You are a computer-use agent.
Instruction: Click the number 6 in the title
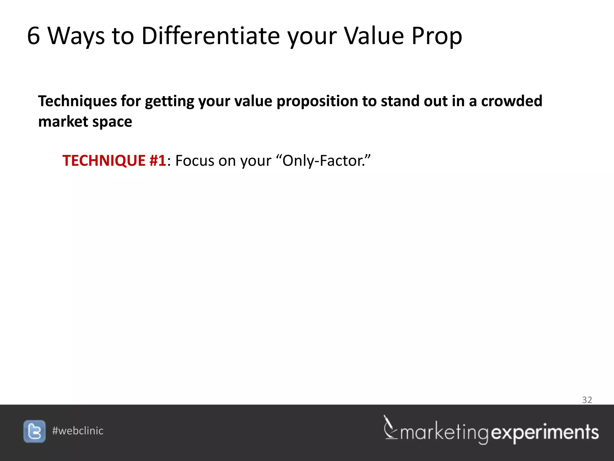point(34,36)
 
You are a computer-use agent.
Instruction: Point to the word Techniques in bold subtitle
point(77,101)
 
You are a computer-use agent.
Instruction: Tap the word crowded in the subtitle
point(511,101)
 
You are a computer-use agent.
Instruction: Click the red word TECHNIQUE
point(104,161)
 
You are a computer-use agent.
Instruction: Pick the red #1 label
point(157,161)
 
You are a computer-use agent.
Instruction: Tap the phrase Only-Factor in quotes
point(323,161)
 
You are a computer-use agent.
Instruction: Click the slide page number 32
point(587,400)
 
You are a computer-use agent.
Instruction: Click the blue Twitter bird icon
point(34,431)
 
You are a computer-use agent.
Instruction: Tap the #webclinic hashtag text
point(78,431)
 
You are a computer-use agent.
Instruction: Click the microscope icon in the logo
point(390,428)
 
